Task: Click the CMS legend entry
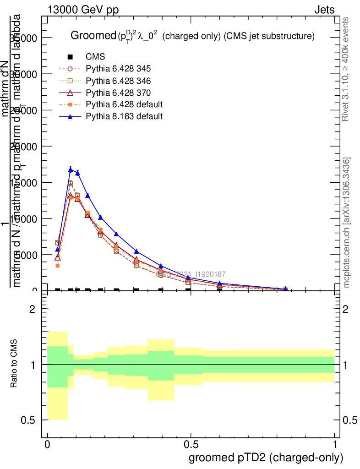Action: tap(95, 57)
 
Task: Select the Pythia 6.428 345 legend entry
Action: tap(118, 69)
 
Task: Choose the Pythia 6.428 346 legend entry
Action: tap(118, 81)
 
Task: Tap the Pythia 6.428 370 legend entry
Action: tap(118, 93)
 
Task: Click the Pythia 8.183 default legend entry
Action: tap(124, 116)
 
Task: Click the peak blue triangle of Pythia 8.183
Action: tap(71, 169)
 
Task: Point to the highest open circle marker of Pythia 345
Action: tap(71, 183)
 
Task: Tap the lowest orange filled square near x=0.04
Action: tap(58, 266)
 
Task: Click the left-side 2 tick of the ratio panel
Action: tap(33, 309)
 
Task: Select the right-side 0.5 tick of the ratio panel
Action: tap(350, 420)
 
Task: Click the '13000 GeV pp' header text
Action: tap(82, 10)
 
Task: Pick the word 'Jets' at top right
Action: tap(324, 10)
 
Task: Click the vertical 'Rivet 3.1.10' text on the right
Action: tap(346, 69)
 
